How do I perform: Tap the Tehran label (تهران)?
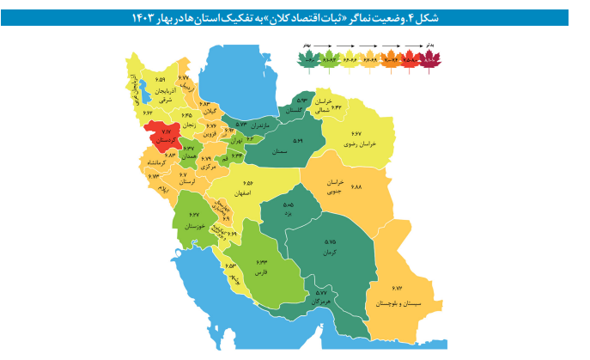pos(235,139)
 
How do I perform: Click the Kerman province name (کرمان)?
pos(330,254)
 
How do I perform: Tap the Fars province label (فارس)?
pos(261,272)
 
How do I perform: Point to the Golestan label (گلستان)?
pos(295,110)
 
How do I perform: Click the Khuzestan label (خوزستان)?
pos(194,226)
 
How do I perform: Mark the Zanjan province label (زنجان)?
pos(186,125)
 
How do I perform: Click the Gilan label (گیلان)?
pos(209,113)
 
